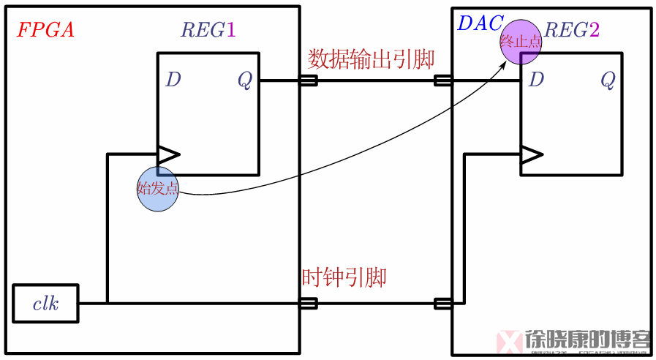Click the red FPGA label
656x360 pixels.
pyautogui.click(x=45, y=30)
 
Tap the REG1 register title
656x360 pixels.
pyautogui.click(x=208, y=30)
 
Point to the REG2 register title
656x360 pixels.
pyautogui.click(x=572, y=30)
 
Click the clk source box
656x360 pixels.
pyautogui.click(x=45, y=304)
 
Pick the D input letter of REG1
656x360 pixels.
pyautogui.click(x=173, y=80)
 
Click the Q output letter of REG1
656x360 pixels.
pyautogui.click(x=244, y=80)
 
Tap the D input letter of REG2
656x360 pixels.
pyautogui.click(x=536, y=80)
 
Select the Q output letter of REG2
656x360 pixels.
pyautogui.click(x=608, y=80)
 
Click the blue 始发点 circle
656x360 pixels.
pyautogui.click(x=158, y=188)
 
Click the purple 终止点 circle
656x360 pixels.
pyautogui.click(x=521, y=41)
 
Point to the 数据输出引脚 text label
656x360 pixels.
pyautogui.click(x=371, y=59)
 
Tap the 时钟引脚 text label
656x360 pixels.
pyautogui.click(x=344, y=277)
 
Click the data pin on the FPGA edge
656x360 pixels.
pyautogui.click(x=308, y=80)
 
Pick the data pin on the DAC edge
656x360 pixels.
pyautogui.click(x=443, y=80)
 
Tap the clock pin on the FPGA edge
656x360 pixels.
pyautogui.click(x=308, y=304)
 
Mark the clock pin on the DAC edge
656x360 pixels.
pyautogui.click(x=443, y=304)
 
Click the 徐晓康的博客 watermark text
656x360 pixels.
pyautogui.click(x=587, y=340)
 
